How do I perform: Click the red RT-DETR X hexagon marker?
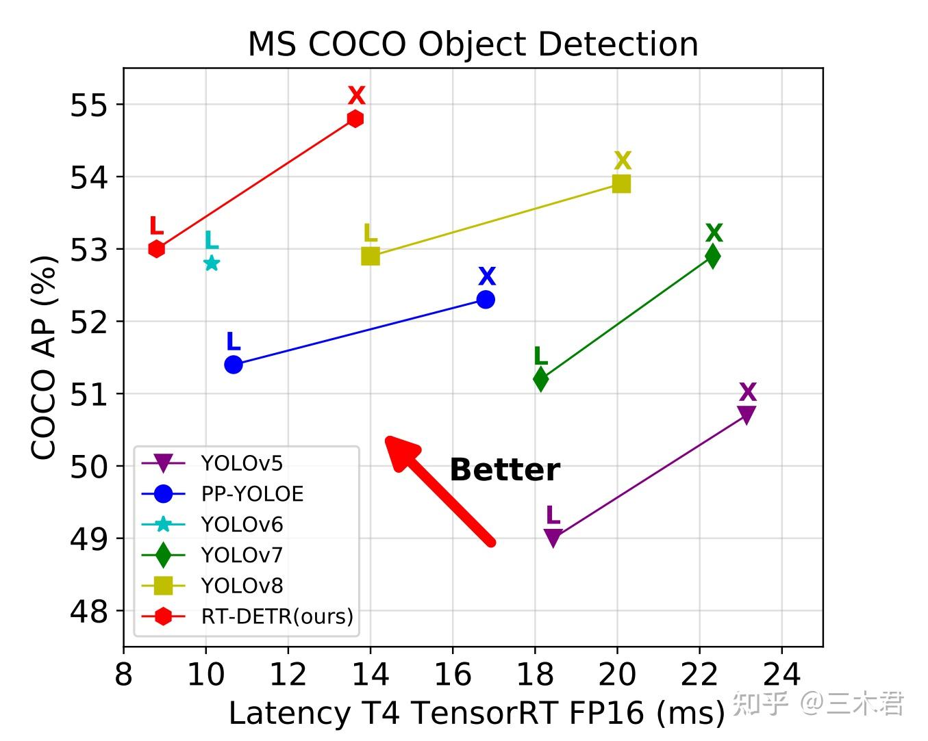[x=355, y=118]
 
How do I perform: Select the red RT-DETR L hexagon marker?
[x=156, y=249]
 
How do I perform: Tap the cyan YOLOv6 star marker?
[x=212, y=263]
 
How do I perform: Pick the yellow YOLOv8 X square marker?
[x=621, y=183]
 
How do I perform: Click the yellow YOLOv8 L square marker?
[x=370, y=256]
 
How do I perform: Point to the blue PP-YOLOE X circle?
[x=486, y=299]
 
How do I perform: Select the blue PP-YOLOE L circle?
[x=234, y=365]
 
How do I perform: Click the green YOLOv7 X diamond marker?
[x=713, y=256]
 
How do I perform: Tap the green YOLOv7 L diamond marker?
[x=540, y=378]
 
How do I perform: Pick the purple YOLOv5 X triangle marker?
[x=747, y=414]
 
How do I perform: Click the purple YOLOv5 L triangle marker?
[x=553, y=538]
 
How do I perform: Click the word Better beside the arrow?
[x=505, y=470]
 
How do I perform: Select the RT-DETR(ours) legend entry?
[x=277, y=616]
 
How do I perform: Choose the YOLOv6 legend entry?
[x=242, y=525]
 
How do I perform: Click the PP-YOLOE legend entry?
[x=252, y=494]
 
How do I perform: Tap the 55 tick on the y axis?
[x=88, y=105]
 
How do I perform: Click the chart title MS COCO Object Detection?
[x=473, y=44]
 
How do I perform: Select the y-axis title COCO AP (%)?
[x=44, y=357]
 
